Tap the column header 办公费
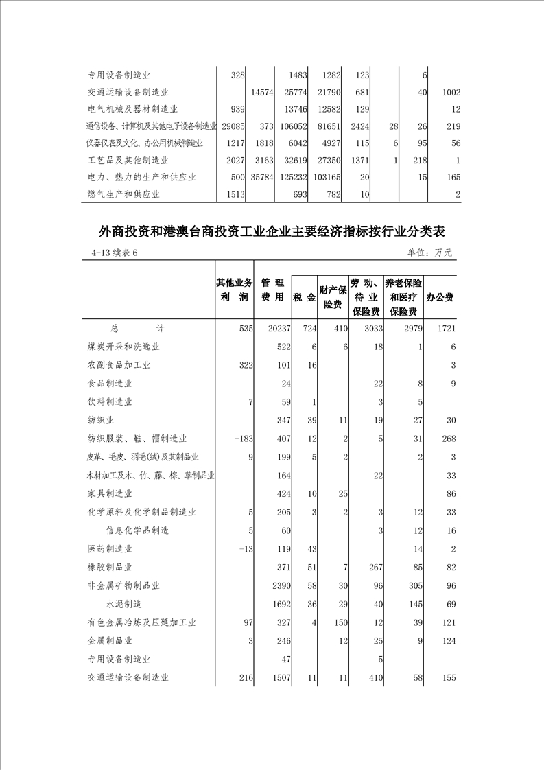click(x=440, y=297)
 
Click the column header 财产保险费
click(x=333, y=296)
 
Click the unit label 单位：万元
click(x=429, y=253)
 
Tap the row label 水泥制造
click(x=123, y=604)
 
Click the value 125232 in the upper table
click(x=290, y=177)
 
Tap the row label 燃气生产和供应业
click(x=124, y=194)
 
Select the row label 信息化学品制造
click(x=137, y=530)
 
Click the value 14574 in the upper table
click(x=263, y=91)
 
